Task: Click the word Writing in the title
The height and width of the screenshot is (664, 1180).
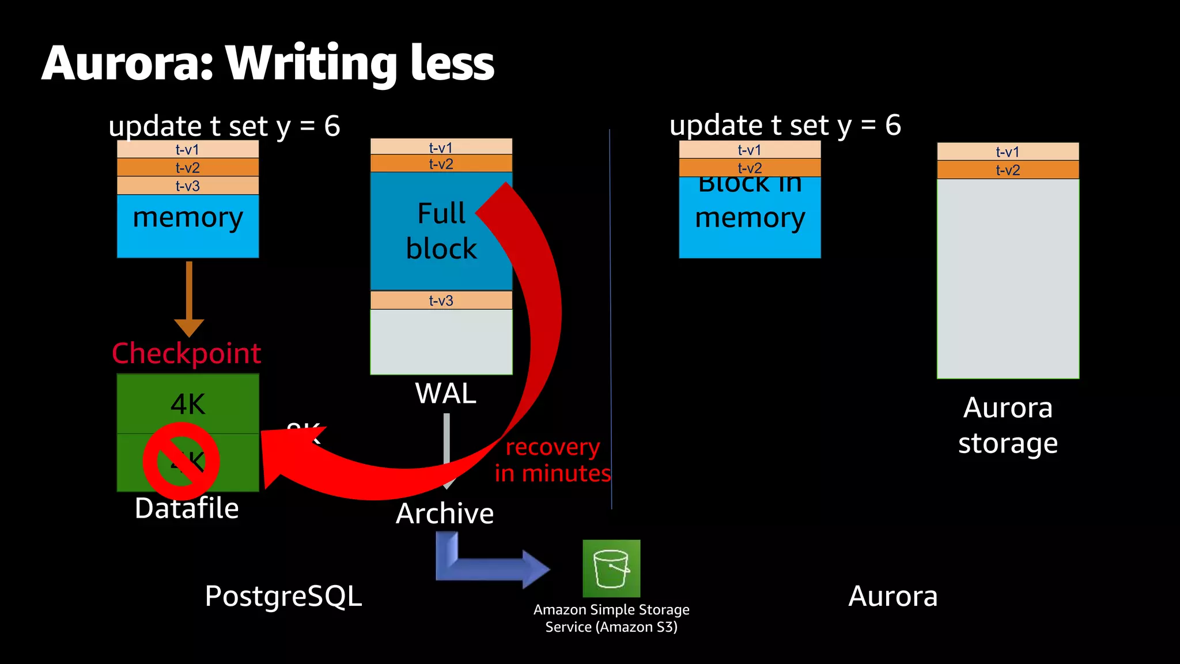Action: point(311,63)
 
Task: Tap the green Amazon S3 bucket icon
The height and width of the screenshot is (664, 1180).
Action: point(611,568)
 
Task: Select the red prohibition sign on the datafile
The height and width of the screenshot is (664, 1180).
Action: point(181,461)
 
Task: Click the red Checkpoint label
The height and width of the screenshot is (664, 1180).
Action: point(186,353)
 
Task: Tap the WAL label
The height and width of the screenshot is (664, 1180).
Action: point(445,394)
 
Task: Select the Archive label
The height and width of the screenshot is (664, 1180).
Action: point(445,514)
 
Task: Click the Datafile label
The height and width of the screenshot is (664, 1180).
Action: point(187,508)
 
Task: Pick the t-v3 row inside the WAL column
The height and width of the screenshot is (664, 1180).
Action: point(441,300)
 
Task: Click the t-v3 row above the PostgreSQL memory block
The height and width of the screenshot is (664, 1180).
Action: point(188,186)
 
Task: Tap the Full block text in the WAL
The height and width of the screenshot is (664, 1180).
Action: point(441,231)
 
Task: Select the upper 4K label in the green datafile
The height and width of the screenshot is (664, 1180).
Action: point(188,404)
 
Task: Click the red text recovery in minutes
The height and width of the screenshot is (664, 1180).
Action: point(552,460)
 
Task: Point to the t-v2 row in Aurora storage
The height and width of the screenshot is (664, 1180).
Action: point(1008,170)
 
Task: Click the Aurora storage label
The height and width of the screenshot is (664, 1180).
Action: point(1008,425)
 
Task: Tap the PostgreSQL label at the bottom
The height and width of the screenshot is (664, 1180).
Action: point(283,596)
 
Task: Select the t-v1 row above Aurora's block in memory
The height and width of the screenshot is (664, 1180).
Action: point(750,150)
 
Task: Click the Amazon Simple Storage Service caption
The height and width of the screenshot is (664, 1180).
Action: point(611,618)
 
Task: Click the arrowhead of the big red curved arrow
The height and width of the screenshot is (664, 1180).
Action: point(282,455)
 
